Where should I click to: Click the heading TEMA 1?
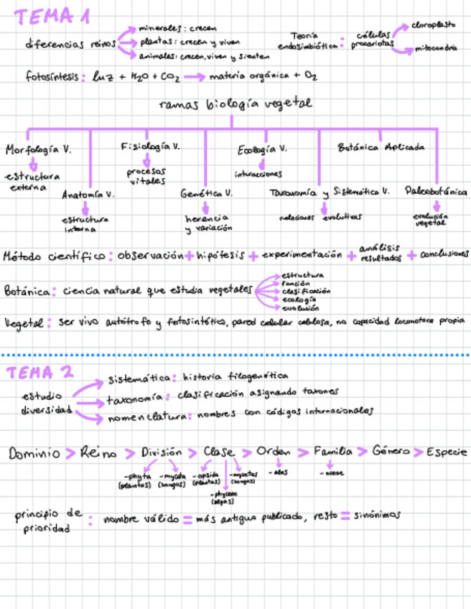[54, 17]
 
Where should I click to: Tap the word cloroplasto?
[433, 24]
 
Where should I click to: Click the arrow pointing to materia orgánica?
[194, 77]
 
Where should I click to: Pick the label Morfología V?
[38, 150]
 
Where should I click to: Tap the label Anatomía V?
[88, 195]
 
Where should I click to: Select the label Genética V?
[206, 194]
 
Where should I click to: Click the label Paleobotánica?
[436, 192]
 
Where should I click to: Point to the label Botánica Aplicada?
[381, 147]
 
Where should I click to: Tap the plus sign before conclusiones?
[411, 255]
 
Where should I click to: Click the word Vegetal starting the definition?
[22, 323]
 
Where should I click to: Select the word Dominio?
[34, 453]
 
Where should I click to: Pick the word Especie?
[446, 452]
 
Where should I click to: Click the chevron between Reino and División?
[129, 453]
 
